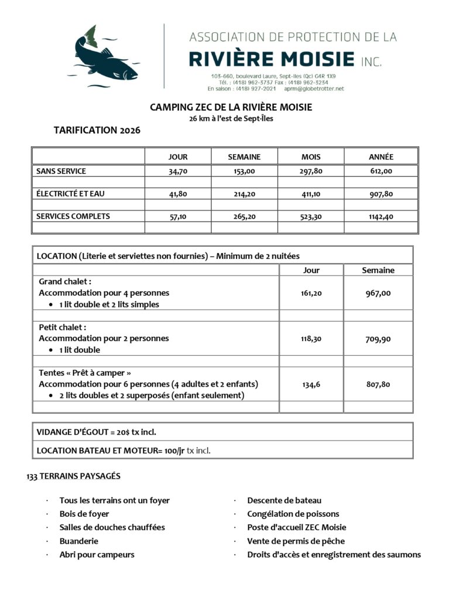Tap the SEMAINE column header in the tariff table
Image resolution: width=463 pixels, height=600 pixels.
[244, 156]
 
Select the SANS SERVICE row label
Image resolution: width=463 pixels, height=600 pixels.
[61, 171]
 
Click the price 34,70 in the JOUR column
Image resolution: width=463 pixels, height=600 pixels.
[177, 171]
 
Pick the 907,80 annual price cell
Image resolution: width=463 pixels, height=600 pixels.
[380, 193]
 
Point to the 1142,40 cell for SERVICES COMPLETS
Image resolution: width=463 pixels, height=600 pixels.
[380, 216]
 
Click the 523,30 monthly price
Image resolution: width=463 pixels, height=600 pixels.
[311, 216]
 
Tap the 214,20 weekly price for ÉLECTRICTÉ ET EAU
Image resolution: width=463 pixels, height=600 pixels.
[244, 193]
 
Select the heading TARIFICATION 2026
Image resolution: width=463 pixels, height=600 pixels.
[97, 130]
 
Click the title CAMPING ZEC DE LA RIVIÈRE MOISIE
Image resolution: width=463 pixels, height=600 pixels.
[231, 107]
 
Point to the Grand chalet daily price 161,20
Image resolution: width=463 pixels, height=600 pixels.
[311, 293]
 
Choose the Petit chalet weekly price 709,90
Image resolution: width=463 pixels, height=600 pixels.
[378, 339]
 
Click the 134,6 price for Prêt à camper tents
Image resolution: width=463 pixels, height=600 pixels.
[311, 384]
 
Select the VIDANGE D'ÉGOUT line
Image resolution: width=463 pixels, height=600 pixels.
[97, 432]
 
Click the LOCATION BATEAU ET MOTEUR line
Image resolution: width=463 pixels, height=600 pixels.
[123, 450]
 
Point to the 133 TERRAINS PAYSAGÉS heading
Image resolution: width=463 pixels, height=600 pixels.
[73, 476]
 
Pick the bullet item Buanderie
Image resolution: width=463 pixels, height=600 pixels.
[79, 541]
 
